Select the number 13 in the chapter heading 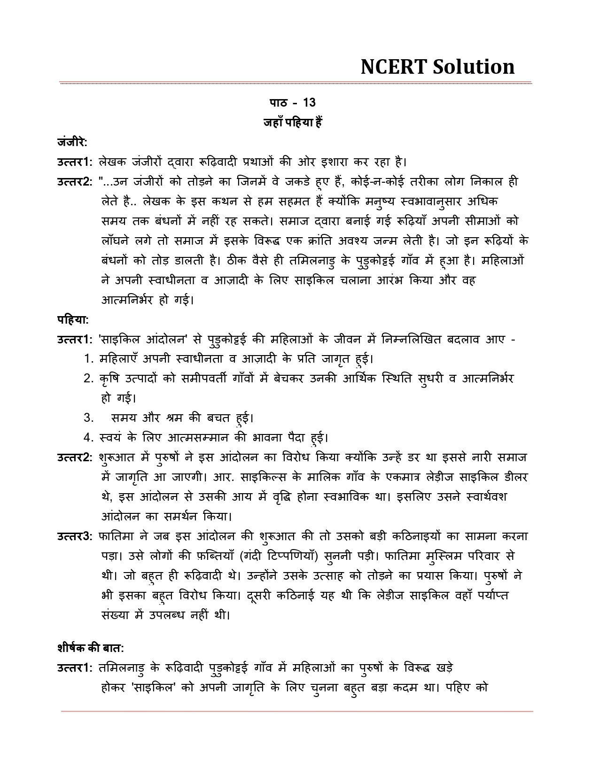[x=310, y=103]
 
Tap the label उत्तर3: [x=76, y=536]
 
